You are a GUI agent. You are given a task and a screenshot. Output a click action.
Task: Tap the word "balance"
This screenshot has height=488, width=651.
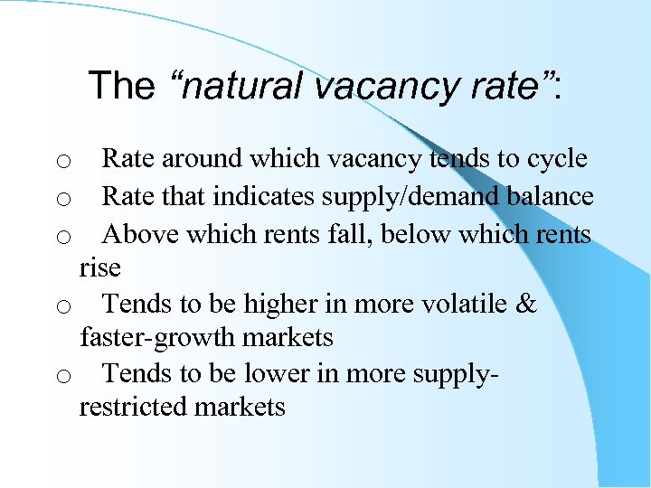tap(559, 196)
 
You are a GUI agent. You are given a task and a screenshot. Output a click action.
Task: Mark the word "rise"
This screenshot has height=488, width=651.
tap(99, 267)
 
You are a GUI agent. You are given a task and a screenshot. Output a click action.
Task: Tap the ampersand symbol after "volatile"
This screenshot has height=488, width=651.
tap(527, 305)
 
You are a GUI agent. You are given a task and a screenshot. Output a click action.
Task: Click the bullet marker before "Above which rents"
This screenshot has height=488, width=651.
tap(63, 238)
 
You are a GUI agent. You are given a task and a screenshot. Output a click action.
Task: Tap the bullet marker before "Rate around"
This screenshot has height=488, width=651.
tap(63, 163)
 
